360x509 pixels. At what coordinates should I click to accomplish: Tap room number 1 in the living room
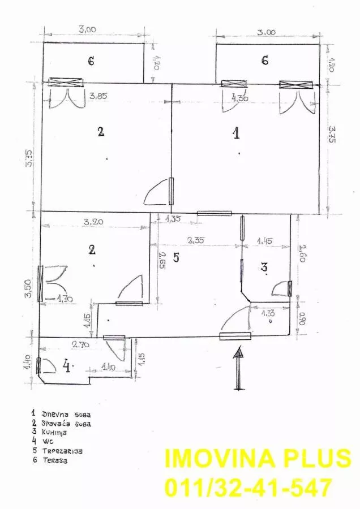point(237,133)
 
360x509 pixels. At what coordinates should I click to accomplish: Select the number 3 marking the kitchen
point(264,267)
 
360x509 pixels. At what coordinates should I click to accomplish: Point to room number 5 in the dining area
point(175,258)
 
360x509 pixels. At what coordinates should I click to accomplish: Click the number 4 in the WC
point(67,368)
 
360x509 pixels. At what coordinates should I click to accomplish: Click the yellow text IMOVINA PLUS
point(258,459)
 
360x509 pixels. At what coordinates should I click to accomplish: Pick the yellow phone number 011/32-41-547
point(248,487)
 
